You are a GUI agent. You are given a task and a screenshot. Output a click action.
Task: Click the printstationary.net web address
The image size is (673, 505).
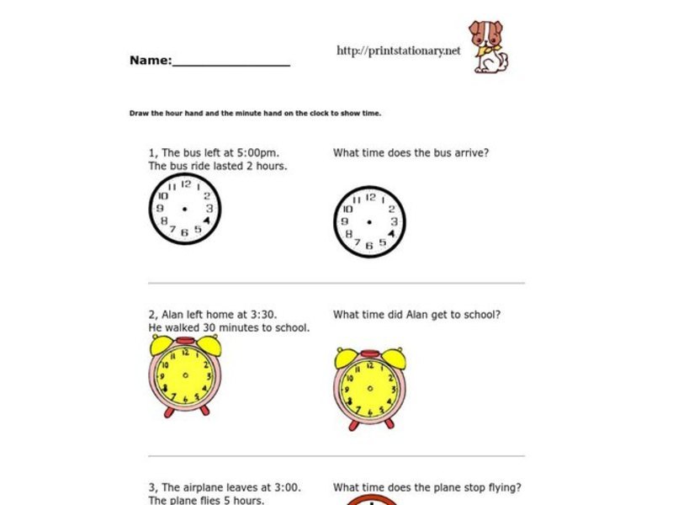pos(399,50)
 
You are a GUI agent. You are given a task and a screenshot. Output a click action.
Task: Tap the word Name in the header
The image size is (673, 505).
pos(150,61)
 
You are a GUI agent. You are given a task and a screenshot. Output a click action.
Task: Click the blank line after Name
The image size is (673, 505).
pos(231,63)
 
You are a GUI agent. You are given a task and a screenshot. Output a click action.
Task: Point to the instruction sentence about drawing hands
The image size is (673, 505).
pos(255,113)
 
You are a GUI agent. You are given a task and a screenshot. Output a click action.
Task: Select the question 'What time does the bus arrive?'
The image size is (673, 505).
pos(411,153)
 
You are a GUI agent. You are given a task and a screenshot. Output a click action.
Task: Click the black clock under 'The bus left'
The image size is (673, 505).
pos(185,209)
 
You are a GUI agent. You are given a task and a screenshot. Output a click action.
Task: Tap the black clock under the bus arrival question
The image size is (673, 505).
pos(369,221)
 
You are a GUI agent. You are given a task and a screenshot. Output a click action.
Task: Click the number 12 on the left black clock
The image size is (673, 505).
pos(186,184)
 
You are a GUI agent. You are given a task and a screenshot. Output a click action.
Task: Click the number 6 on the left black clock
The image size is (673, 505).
pos(184,232)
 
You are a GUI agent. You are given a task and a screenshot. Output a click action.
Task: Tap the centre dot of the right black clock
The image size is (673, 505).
pos(369,222)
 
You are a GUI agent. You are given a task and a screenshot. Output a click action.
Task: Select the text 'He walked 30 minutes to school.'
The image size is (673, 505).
pos(229,327)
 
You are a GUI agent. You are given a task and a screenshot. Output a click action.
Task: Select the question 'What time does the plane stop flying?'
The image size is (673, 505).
pos(427,487)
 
